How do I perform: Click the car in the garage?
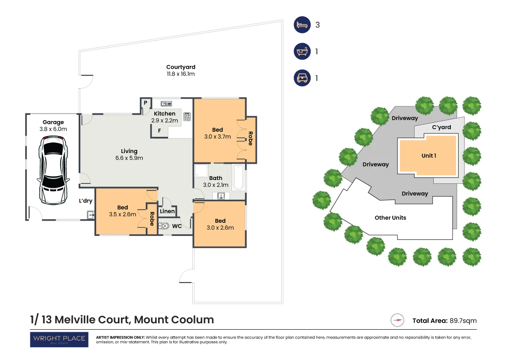click(53, 169)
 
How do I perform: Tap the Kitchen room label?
click(165, 114)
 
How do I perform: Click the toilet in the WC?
click(164, 226)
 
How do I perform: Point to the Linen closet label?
click(167, 211)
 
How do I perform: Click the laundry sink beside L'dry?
click(91, 215)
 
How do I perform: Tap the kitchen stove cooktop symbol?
click(187, 117)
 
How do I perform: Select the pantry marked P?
click(145, 103)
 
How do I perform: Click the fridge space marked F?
click(159, 131)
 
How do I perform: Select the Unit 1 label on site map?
click(429, 156)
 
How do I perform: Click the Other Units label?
click(390, 218)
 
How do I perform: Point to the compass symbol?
click(397, 320)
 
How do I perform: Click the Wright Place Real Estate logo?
click(59, 339)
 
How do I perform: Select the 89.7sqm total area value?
click(463, 321)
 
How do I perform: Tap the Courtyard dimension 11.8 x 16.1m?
click(181, 74)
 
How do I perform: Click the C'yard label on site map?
click(441, 127)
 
